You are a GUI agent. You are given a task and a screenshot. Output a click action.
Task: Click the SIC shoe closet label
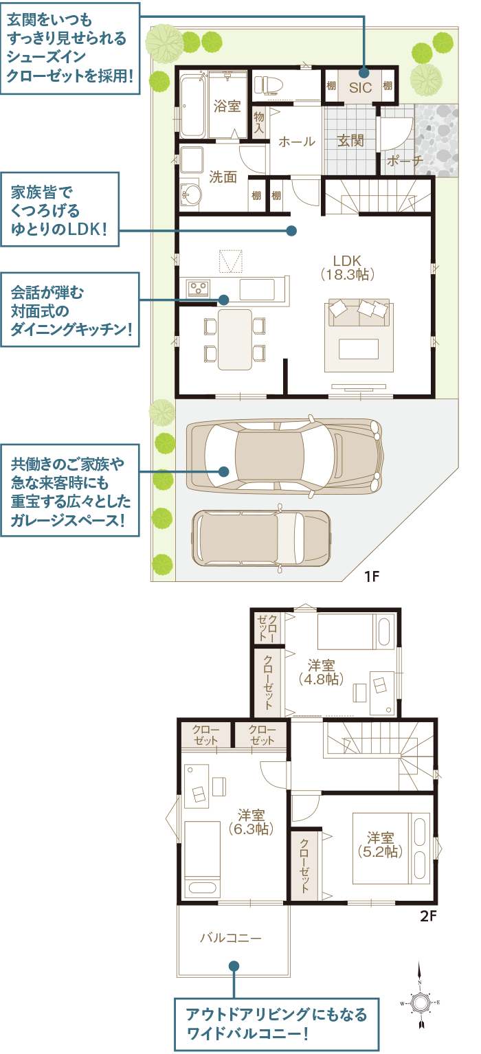click(360, 87)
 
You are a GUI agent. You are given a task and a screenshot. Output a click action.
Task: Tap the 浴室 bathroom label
click(227, 106)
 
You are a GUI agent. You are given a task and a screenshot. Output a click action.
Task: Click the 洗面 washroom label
click(223, 177)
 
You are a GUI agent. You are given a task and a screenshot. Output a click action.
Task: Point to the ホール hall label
click(296, 142)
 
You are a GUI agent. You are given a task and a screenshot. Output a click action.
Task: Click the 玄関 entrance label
click(350, 141)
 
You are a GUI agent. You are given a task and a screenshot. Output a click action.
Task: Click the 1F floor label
click(371, 576)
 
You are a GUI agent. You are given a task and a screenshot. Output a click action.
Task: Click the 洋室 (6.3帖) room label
click(251, 822)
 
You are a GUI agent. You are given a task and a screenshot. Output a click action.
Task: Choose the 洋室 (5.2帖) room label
click(379, 844)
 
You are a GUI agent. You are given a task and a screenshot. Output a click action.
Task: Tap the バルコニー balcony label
click(231, 937)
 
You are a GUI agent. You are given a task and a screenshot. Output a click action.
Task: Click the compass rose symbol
click(419, 1002)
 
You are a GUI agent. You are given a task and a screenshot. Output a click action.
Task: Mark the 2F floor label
click(428, 916)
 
